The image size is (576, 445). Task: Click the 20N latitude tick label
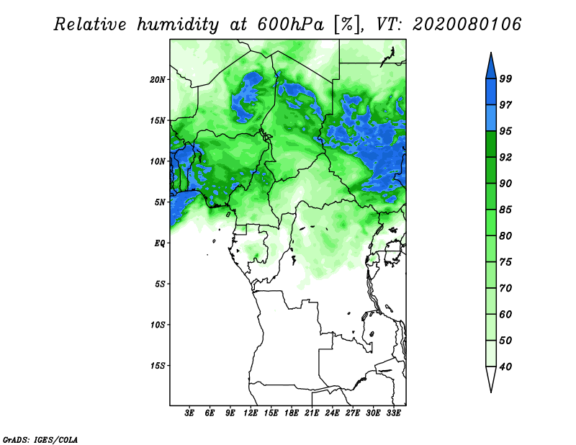157,80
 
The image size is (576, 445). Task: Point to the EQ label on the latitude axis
160,243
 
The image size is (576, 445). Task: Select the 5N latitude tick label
160,202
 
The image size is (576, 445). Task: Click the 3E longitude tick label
189,413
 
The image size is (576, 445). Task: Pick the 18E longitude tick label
292,413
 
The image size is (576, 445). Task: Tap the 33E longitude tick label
393,413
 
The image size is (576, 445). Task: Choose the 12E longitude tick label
251,413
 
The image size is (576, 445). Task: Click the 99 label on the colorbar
505,78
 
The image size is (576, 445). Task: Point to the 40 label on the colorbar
505,367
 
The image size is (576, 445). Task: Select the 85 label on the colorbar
505,210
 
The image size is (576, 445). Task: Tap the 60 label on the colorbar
505,314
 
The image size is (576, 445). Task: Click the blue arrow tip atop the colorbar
491,53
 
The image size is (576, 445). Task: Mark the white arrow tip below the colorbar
491,392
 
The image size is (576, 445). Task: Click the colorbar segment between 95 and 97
491,118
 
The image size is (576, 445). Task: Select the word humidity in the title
178,24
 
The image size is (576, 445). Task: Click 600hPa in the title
291,24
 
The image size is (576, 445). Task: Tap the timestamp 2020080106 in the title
467,24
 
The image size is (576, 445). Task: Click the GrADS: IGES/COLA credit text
40,439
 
